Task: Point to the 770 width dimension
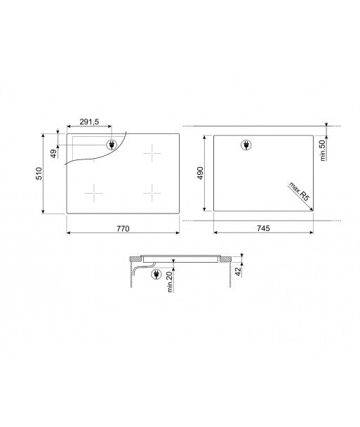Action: pos(124,229)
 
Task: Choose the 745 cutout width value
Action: pos(262,229)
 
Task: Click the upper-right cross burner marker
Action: pos(152,154)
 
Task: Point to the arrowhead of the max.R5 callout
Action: pos(312,204)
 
